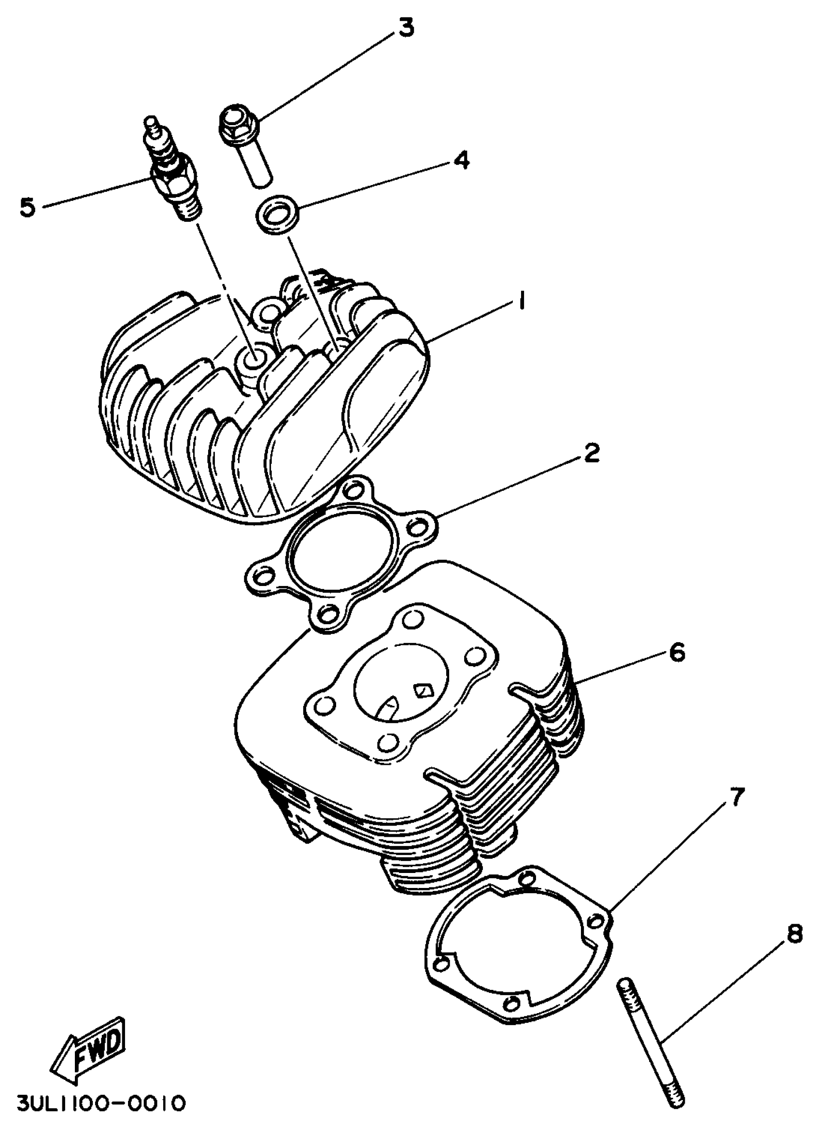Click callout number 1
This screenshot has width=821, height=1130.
coord(521,302)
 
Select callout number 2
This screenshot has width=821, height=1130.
coord(591,453)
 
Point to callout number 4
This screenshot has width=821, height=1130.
coord(461,160)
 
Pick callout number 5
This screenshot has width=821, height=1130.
coord(28,207)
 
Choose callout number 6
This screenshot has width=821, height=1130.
coord(677,652)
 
